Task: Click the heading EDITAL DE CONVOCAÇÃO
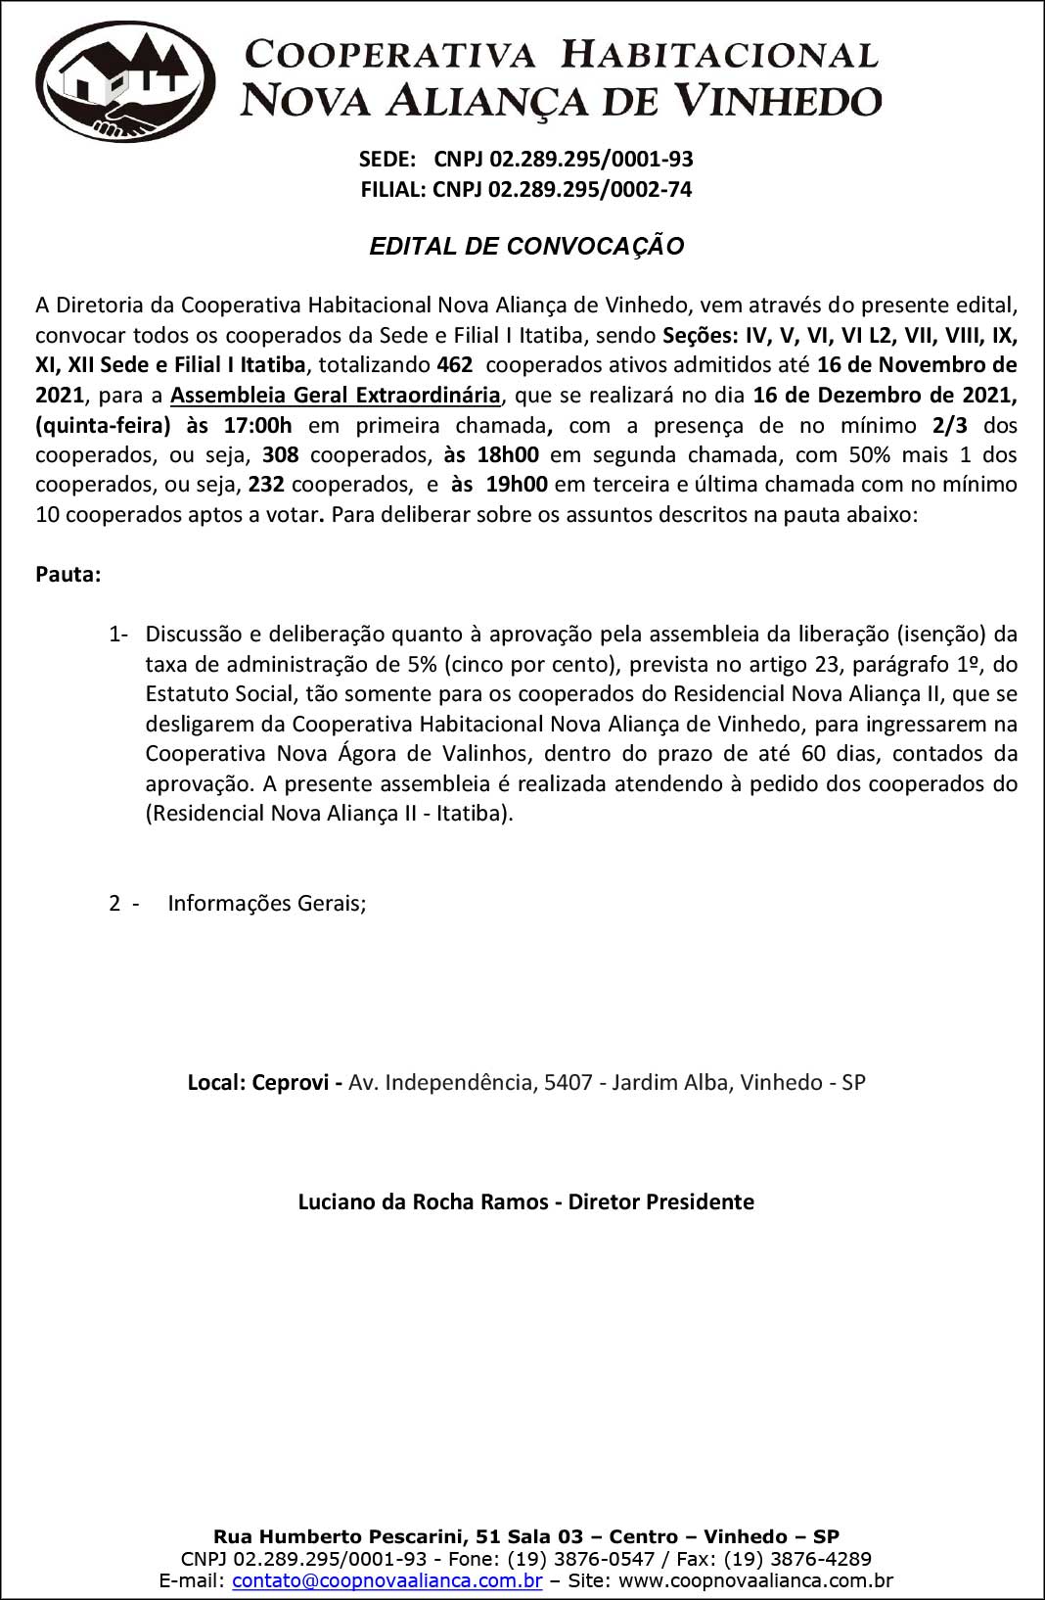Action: (x=526, y=247)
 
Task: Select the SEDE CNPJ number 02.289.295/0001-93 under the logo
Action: (x=564, y=159)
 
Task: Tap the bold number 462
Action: (x=455, y=365)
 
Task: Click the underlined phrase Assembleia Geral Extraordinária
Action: (x=335, y=396)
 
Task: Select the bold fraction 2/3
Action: (x=950, y=425)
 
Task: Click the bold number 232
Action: (x=266, y=485)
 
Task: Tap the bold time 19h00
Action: (x=517, y=485)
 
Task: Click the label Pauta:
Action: (x=68, y=575)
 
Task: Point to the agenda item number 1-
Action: (x=118, y=635)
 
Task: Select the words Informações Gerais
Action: (x=266, y=903)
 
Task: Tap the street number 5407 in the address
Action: (x=568, y=1083)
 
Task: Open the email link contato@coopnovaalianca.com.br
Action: (x=387, y=1580)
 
